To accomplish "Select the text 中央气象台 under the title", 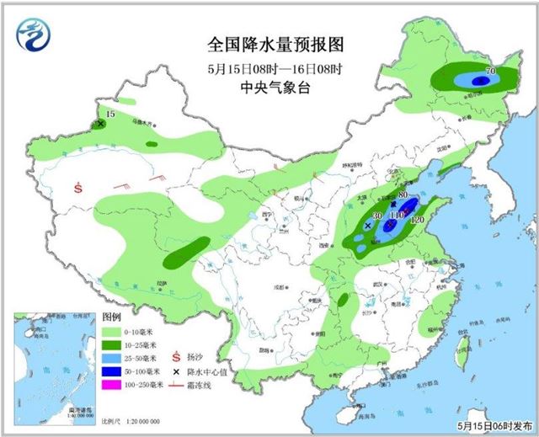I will click(269, 87).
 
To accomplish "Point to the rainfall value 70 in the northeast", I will click(489, 71).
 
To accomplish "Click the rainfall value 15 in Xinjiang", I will click(109, 114).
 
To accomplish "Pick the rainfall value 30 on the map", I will click(377, 216).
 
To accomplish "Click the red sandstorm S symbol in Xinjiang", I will click(77, 187).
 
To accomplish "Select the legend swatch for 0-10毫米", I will click(112, 333).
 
